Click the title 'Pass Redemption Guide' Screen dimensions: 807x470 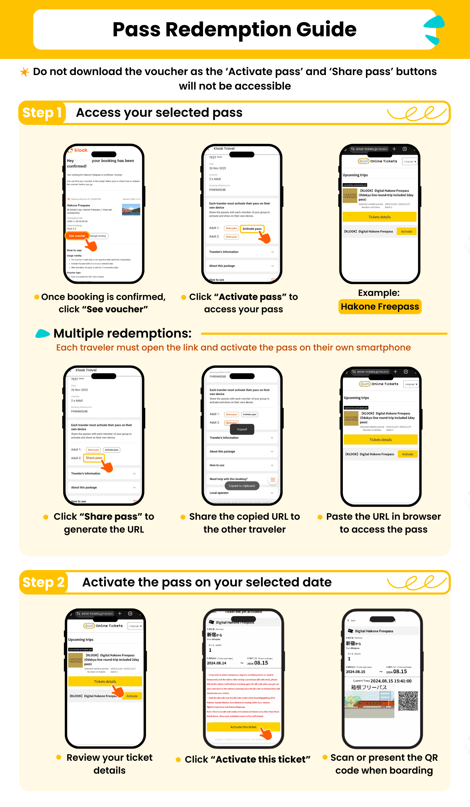[x=234, y=30]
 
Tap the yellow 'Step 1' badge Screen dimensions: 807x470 [x=42, y=113]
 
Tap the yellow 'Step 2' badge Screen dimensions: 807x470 [x=44, y=582]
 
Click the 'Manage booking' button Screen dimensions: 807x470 [x=98, y=236]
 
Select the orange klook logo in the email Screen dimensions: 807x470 [x=78, y=150]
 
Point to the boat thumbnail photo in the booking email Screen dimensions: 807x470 [x=131, y=210]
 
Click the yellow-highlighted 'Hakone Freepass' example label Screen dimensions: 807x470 [x=380, y=307]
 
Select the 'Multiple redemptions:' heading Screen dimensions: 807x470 [x=123, y=334]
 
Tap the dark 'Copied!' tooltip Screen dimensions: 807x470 [x=242, y=429]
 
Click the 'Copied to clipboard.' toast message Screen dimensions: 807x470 [x=242, y=486]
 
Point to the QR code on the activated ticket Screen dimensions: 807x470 [x=408, y=701]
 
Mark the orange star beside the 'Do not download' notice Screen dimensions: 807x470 [x=25, y=72]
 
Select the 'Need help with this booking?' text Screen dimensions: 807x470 [x=229, y=479]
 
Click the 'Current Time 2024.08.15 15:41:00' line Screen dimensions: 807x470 [x=382, y=681]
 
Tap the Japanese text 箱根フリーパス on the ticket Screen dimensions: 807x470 [x=369, y=688]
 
